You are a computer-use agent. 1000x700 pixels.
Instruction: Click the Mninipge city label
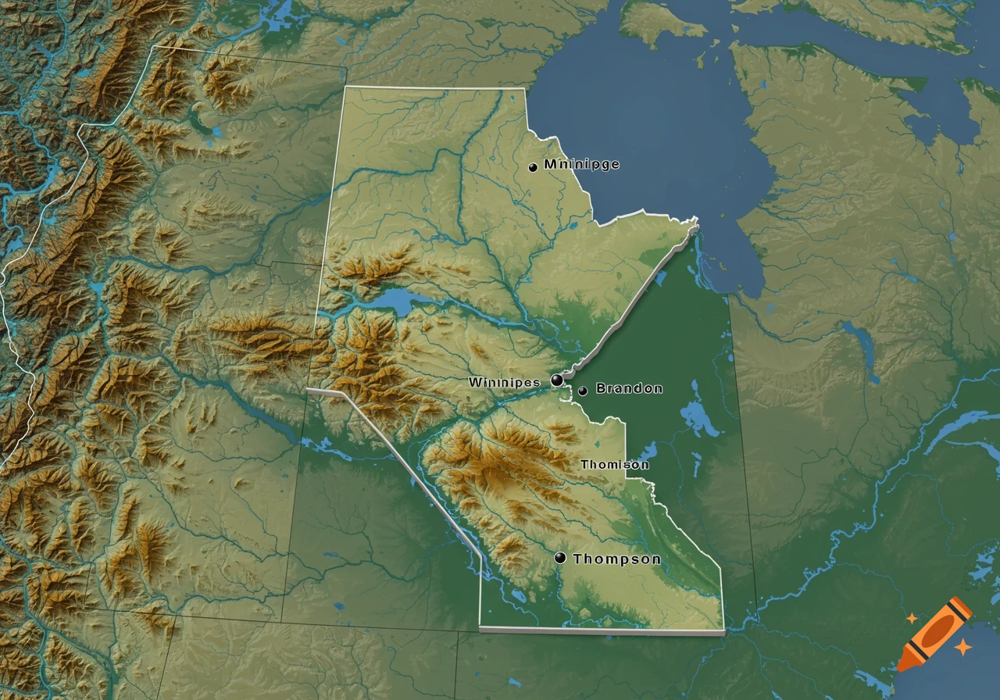[581, 165]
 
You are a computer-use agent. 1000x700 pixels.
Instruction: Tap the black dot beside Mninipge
[533, 167]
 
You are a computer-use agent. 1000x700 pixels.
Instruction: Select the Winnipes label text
[504, 382]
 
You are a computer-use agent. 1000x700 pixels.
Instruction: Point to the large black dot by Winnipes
[557, 380]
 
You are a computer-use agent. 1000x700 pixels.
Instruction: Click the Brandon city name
[629, 388]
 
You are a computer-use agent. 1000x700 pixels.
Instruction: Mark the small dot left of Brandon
[583, 390]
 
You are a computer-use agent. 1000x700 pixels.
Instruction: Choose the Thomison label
[614, 465]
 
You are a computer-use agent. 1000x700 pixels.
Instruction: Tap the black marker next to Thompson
[560, 558]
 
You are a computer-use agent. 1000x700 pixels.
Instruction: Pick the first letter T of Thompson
[578, 559]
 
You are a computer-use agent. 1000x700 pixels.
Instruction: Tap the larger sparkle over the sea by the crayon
[963, 647]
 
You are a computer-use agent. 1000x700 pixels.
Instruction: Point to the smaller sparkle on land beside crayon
[911, 619]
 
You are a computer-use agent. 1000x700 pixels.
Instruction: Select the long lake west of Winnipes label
[391, 302]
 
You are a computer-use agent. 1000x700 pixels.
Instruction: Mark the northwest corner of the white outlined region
[345, 87]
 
